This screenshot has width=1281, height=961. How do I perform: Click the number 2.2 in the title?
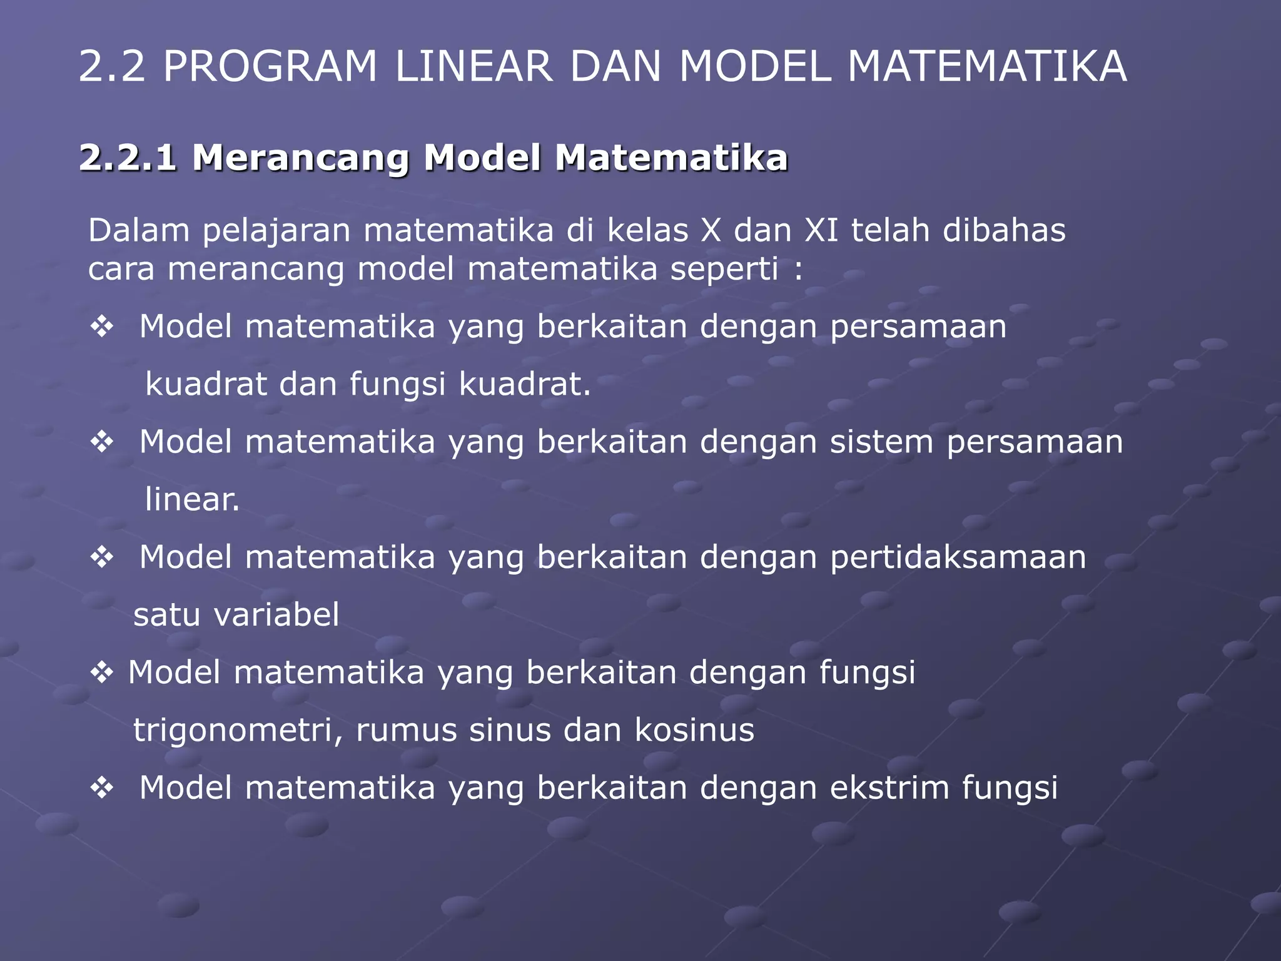(x=111, y=66)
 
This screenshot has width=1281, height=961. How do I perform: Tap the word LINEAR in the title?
(x=473, y=66)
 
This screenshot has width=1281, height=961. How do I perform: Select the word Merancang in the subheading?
(x=300, y=158)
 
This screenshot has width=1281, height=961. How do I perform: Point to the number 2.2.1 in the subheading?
(x=128, y=158)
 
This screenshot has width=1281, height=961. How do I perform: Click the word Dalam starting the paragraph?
(x=139, y=230)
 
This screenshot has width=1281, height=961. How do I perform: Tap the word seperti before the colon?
(x=724, y=270)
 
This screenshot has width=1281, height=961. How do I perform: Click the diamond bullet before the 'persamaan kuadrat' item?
(x=101, y=327)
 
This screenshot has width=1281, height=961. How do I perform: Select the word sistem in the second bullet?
(x=881, y=442)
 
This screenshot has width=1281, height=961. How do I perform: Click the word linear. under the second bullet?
(x=192, y=499)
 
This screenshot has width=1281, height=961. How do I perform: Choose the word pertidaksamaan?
(x=958, y=557)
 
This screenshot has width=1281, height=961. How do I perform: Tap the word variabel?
(x=276, y=614)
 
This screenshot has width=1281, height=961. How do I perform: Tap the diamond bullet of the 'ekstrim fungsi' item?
(x=101, y=788)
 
